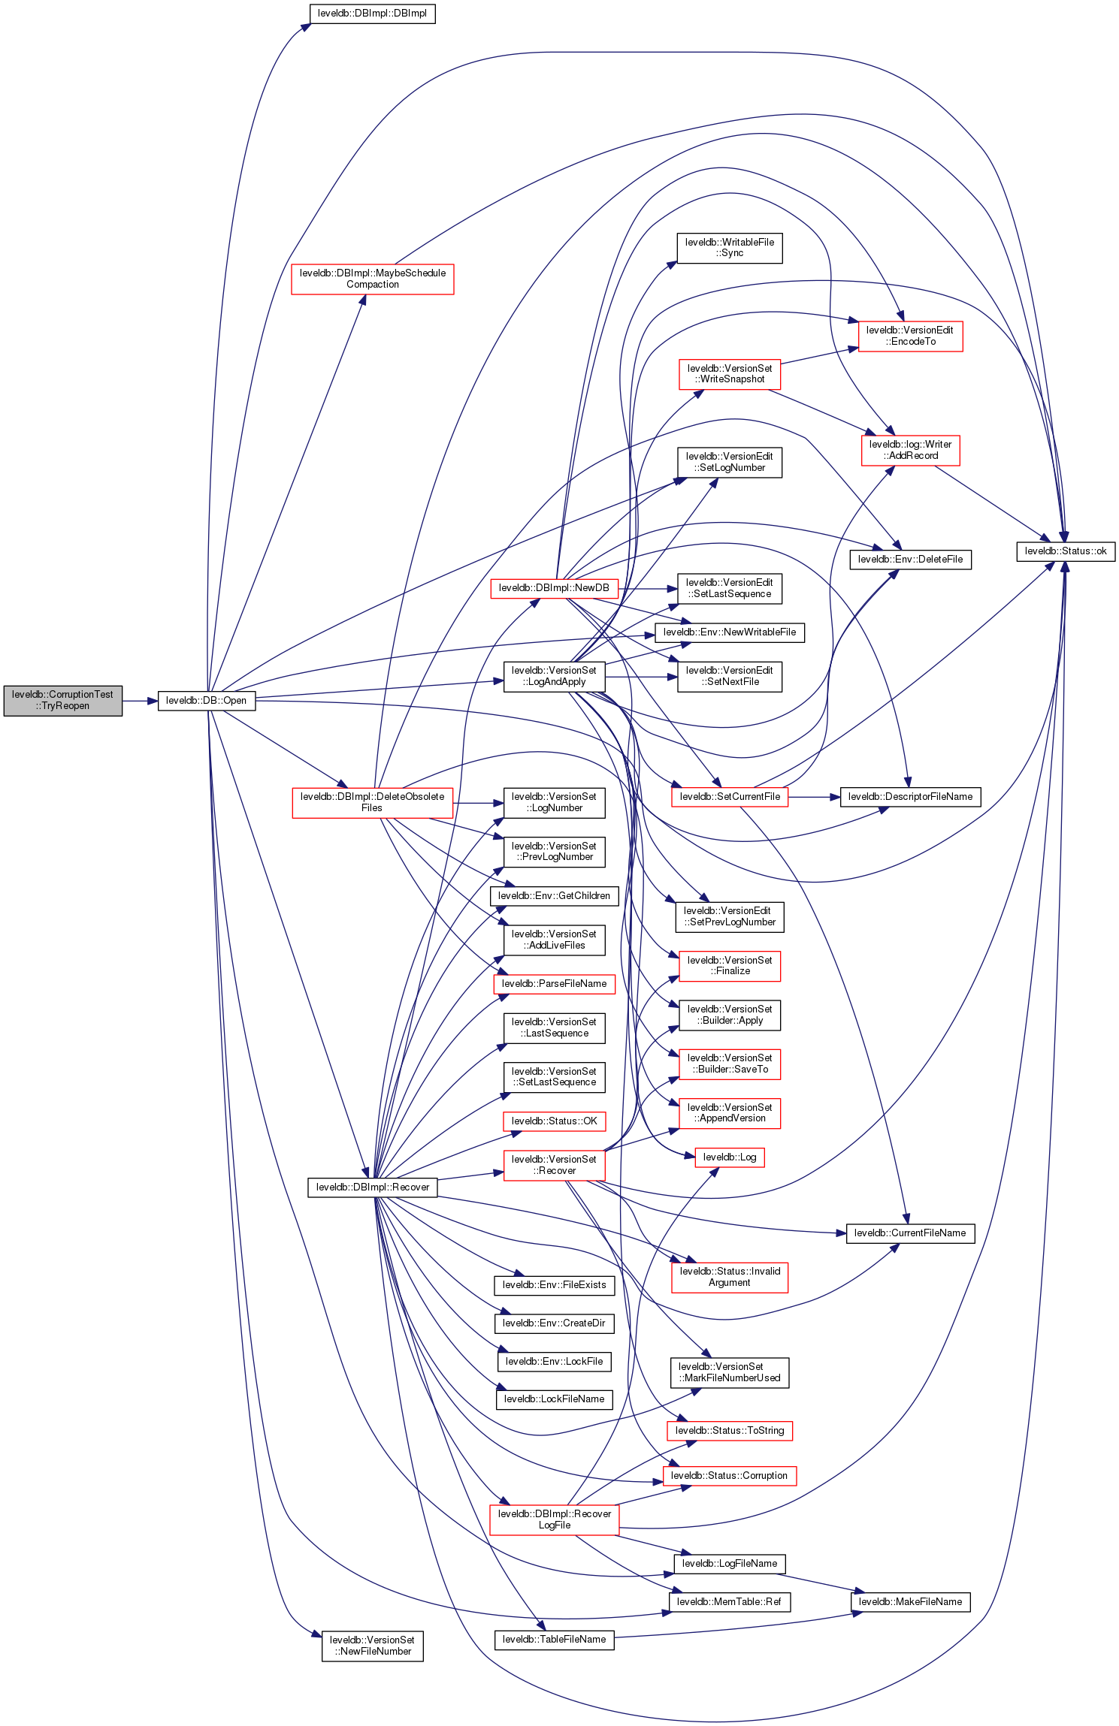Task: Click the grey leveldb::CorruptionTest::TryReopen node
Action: [62, 700]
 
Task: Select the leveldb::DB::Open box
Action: [206, 700]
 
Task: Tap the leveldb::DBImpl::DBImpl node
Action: [372, 14]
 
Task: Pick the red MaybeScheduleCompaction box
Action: [372, 279]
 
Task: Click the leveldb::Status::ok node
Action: [1065, 551]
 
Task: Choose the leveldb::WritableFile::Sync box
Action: [729, 248]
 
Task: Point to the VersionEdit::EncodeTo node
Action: [909, 336]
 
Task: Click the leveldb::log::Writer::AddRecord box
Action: [909, 450]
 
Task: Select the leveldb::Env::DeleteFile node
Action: [909, 559]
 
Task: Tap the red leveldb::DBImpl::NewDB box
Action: [554, 587]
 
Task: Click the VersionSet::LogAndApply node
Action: [554, 676]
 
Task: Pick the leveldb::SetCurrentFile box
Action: [729, 796]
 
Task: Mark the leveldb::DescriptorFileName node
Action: [909, 796]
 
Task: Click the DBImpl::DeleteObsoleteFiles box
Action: [372, 802]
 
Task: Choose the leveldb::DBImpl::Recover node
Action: [372, 1187]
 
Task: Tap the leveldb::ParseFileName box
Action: [554, 983]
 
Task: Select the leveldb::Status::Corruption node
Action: [729, 1475]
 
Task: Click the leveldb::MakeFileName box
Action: [909, 1601]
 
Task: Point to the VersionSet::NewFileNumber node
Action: [372, 1646]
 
